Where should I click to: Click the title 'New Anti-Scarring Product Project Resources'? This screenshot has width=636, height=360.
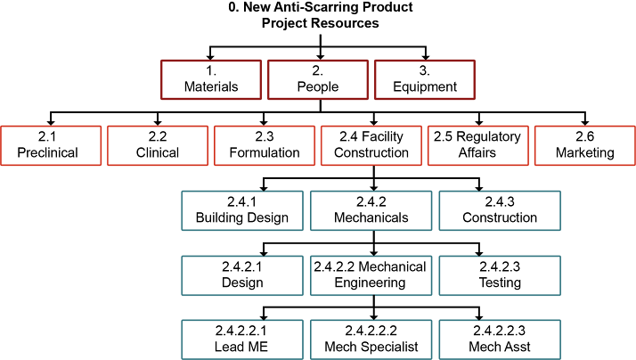[x=320, y=15]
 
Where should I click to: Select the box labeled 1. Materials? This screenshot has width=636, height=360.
[x=211, y=78]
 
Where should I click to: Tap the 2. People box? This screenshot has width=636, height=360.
[x=318, y=78]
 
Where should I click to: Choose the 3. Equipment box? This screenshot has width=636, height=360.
[x=425, y=78]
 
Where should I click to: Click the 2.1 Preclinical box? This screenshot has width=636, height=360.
[x=48, y=144]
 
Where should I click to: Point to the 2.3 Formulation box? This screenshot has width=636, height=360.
[x=265, y=144]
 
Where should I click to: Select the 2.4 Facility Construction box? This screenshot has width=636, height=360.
[x=372, y=144]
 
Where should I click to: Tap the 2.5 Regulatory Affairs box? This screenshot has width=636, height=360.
[x=479, y=144]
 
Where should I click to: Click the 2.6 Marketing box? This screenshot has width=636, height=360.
[x=585, y=144]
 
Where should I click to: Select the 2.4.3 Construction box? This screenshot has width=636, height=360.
[x=499, y=209]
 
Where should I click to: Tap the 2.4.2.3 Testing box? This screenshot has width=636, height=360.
[x=499, y=274]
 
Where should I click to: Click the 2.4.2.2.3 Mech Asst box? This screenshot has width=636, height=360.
[x=499, y=339]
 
